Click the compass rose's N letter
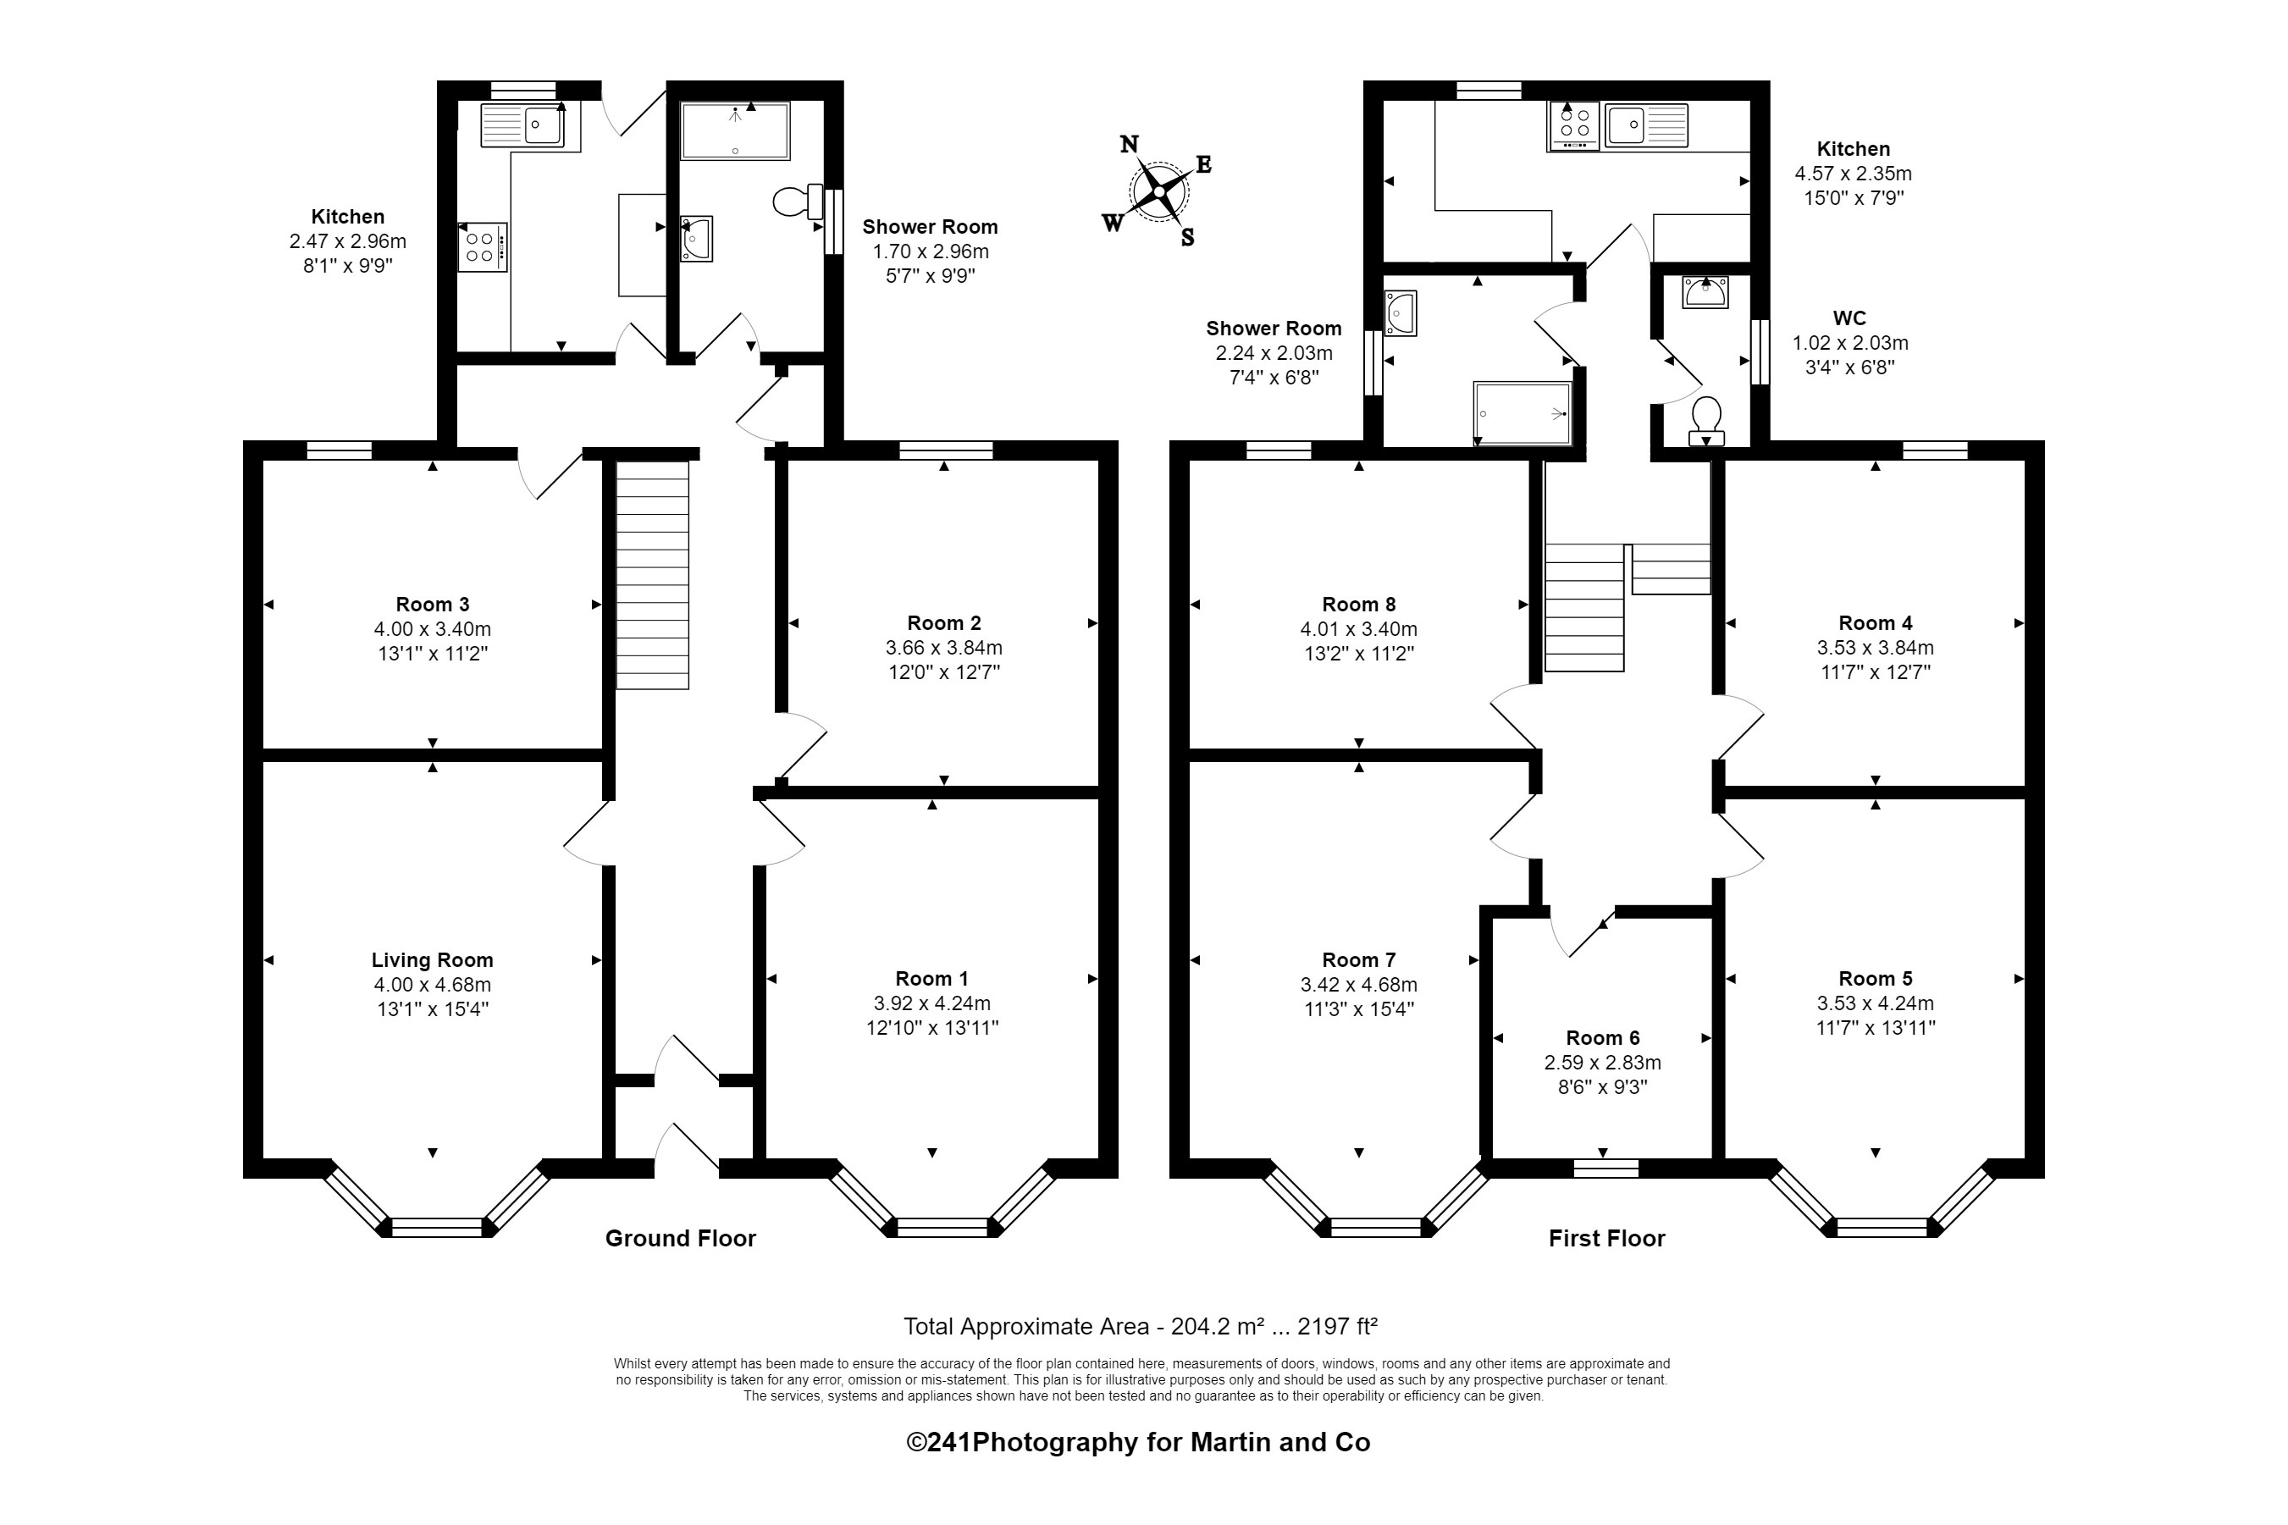click(1128, 145)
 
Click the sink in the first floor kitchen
click(1645, 125)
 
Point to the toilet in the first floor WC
click(1705, 419)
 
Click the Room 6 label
click(1601, 1038)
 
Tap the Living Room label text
click(432, 960)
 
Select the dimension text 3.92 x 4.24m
click(931, 1003)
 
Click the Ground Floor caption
click(680, 1238)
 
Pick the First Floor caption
click(1606, 1238)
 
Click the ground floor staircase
click(651, 575)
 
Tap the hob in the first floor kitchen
click(1573, 125)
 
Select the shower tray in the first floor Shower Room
click(1522, 413)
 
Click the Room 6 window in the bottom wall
click(1605, 1168)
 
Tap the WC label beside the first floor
click(1849, 318)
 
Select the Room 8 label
click(1358, 604)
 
